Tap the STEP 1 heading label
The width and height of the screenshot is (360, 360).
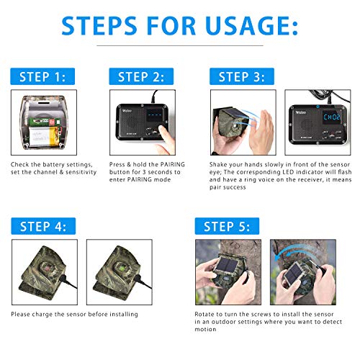[x=42, y=76]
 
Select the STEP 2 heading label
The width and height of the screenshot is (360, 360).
[x=142, y=76]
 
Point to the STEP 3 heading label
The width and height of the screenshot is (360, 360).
[x=241, y=76]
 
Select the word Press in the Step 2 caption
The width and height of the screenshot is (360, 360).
[x=117, y=165]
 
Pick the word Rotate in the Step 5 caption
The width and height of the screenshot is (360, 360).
[x=204, y=315]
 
